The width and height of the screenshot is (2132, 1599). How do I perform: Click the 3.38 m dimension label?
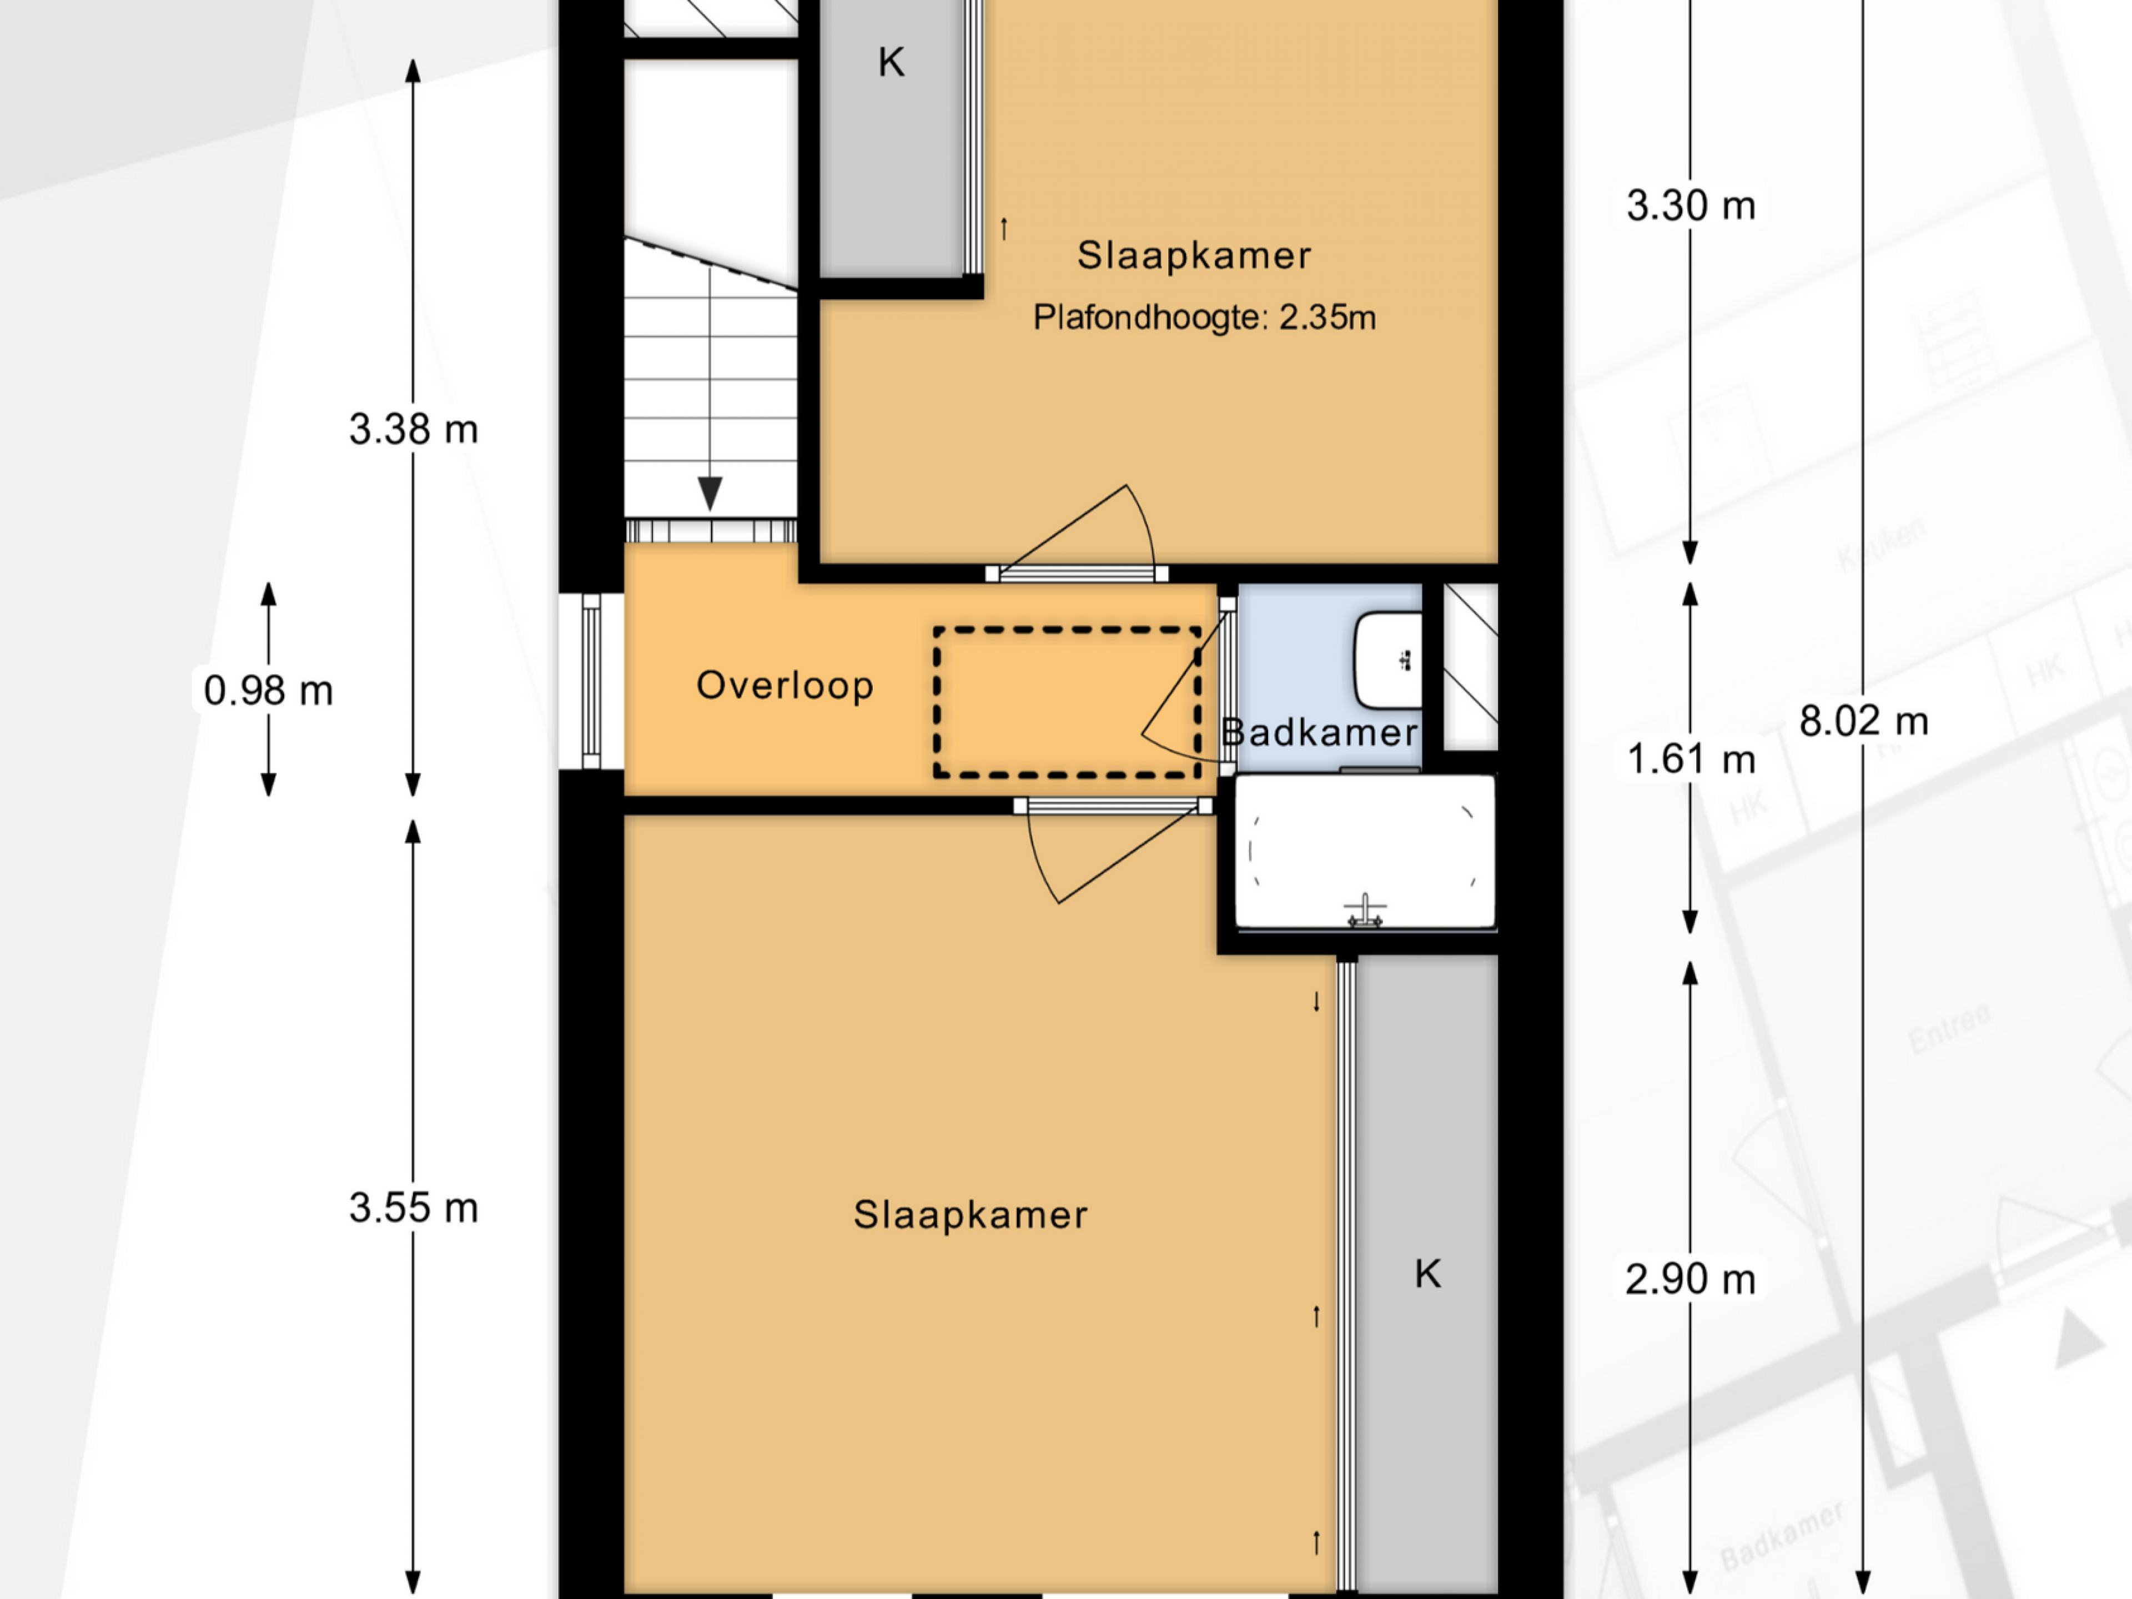coord(414,429)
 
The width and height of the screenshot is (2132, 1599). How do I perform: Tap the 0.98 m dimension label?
coord(268,690)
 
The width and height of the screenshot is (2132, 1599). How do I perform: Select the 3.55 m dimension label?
coord(414,1208)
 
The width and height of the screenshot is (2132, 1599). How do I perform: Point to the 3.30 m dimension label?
coord(1691,205)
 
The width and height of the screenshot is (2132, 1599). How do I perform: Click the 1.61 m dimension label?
coord(1691,760)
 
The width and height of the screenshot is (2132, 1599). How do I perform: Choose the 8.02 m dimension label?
coord(1863,721)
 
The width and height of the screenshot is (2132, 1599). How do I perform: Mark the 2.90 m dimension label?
coord(1691,1280)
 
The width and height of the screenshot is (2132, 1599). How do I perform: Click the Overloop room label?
coord(785,685)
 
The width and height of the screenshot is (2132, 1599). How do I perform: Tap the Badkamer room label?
coord(1320,732)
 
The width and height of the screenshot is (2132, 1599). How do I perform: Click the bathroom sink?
coord(1388,660)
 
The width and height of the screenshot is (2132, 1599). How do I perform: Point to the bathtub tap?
coord(1365,911)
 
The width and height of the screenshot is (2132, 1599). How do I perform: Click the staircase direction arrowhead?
coord(710,494)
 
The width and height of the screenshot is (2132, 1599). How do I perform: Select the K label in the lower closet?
coord(1427,1274)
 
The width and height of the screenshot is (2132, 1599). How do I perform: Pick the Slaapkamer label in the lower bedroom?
coord(971,1214)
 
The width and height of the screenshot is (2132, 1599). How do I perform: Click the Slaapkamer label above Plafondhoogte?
coord(1194,255)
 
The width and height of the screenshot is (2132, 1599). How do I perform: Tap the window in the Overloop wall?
coord(591,681)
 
